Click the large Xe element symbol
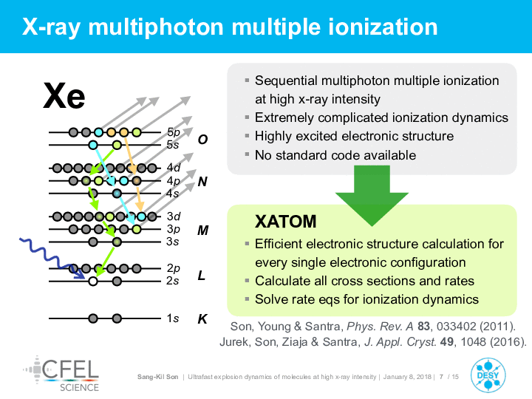pyautogui.click(x=64, y=96)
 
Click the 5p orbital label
pyautogui.click(x=174, y=132)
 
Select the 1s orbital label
pyautogui.click(x=173, y=318)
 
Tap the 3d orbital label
pyautogui.click(x=174, y=216)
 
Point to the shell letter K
pyautogui.click(x=202, y=319)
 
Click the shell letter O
pyautogui.click(x=202, y=140)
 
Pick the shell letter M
pyautogui.click(x=203, y=231)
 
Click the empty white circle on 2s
pyautogui.click(x=93, y=282)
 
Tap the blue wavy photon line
pyautogui.click(x=51, y=258)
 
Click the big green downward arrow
pyautogui.click(x=372, y=195)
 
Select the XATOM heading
pyautogui.click(x=286, y=221)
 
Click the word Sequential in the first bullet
pyautogui.click(x=287, y=81)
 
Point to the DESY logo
pyautogui.click(x=488, y=375)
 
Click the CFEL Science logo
pyautogui.click(x=62, y=374)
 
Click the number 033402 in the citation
pyautogui.click(x=457, y=327)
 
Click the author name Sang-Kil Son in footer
pyautogui.click(x=158, y=377)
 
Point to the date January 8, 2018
pyautogui.click(x=407, y=377)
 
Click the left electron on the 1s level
pyautogui.click(x=93, y=318)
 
